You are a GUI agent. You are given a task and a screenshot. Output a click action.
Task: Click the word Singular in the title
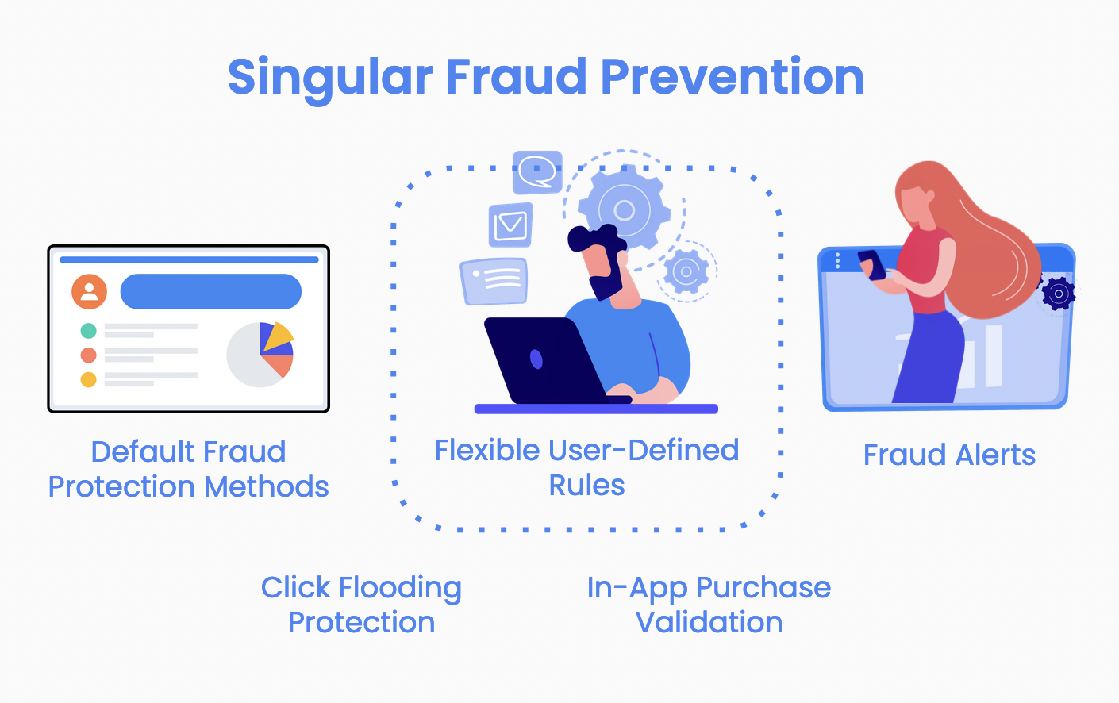330,78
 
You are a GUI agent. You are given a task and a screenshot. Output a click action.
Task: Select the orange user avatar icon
90,291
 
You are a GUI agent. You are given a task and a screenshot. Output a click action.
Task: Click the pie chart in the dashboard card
260,355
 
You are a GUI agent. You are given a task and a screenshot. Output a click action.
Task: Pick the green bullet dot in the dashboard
88,331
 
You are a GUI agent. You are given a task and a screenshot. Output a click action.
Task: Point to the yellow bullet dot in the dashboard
88,379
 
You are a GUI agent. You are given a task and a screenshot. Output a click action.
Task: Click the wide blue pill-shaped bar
211,291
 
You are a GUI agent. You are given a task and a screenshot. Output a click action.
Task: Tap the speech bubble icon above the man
537,172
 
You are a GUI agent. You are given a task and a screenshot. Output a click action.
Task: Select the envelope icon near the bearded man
510,225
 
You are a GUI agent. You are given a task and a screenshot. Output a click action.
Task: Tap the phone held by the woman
872,265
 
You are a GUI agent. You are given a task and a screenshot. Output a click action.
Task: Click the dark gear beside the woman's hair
1059,294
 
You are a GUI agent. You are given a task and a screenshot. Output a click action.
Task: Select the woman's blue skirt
929,357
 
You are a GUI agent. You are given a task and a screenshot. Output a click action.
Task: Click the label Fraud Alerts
949,455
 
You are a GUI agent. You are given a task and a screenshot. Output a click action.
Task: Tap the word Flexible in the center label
487,450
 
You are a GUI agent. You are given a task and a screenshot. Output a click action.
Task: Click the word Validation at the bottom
709,622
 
